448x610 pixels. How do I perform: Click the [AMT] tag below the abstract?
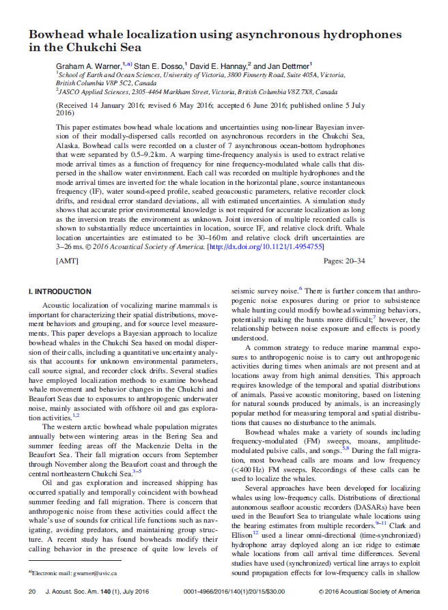[67, 261]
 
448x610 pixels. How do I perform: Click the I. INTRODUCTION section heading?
[60, 291]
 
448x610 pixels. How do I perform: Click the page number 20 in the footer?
[31, 592]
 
